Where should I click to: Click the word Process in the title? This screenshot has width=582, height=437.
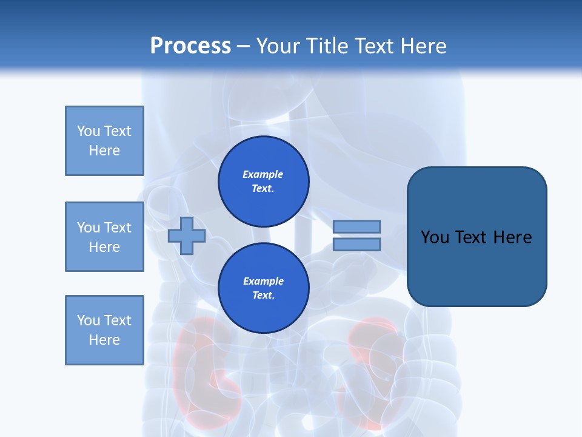click(190, 46)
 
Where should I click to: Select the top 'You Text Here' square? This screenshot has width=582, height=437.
click(104, 141)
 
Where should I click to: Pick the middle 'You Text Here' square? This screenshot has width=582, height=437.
click(104, 237)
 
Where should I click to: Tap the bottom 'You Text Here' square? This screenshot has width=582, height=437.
click(104, 330)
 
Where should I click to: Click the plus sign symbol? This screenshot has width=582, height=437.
click(187, 235)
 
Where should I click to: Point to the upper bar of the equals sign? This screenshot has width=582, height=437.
click(357, 226)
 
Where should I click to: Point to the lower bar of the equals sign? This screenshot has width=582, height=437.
click(357, 245)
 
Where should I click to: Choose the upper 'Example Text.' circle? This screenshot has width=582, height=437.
click(263, 181)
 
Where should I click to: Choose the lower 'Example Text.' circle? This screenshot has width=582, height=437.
click(263, 288)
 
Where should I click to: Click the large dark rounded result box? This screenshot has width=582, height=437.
click(477, 237)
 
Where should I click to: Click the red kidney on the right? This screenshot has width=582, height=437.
click(371, 358)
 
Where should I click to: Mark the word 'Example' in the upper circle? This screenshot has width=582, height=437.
click(263, 174)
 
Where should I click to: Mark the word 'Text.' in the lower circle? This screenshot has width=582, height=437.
click(263, 296)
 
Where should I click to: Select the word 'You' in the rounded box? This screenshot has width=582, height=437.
click(435, 237)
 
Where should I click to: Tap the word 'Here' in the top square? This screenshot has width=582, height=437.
click(104, 151)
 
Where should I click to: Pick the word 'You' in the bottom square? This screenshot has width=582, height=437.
click(89, 320)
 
